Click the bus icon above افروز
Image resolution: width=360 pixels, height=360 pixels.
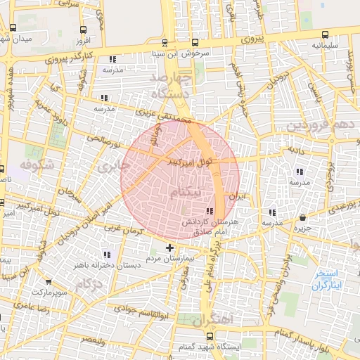[x=84, y=30]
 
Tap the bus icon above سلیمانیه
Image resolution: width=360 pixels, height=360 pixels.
[x=325, y=34]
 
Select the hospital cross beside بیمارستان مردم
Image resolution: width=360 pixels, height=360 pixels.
[x=169, y=247]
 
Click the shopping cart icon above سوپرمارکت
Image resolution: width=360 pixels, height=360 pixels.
[x=48, y=281]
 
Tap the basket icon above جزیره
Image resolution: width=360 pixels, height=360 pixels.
[x=302, y=217]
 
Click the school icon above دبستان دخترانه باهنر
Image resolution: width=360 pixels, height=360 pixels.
[x=106, y=255]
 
